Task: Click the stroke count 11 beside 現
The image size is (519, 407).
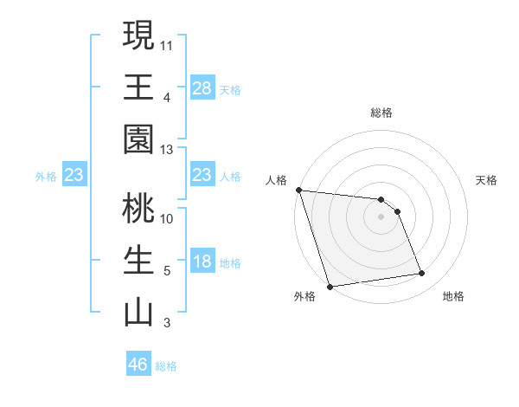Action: [167, 44]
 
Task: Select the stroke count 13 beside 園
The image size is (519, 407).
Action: [167, 150]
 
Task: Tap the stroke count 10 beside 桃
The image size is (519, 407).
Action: [167, 218]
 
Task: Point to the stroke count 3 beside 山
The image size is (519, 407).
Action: [166, 324]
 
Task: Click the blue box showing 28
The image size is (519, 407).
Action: [202, 88]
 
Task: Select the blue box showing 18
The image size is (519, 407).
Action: [202, 262]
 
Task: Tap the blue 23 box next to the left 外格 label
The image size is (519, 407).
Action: [74, 176]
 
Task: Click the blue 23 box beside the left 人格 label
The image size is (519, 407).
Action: [202, 176]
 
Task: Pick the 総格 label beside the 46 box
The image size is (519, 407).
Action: [166, 366]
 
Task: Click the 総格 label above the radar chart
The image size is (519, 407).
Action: [381, 113]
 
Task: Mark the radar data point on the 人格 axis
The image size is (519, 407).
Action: [298, 190]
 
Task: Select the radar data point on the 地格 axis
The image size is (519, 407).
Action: [422, 274]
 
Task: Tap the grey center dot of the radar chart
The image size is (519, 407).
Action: [381, 216]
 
